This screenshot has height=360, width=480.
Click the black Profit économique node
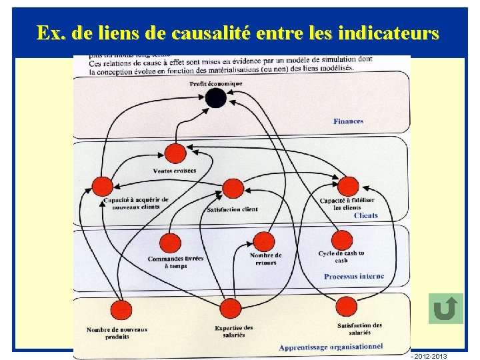tap(215, 99)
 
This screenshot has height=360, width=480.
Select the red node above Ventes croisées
tap(175, 153)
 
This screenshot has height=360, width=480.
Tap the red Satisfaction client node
tap(233, 189)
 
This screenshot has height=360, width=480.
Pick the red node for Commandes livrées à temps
tap(171, 243)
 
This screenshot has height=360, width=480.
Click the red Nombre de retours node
tap(264, 242)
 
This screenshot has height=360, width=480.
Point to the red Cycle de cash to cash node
tap(342, 240)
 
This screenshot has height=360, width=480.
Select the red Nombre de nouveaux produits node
tap(121, 310)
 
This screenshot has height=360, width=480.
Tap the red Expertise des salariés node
tap(231, 308)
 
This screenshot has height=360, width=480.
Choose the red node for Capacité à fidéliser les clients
tap(348, 186)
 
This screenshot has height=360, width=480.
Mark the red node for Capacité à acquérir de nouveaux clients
tap(102, 187)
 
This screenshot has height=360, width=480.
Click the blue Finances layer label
tap(348, 121)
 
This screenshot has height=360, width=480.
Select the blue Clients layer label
tap(366, 215)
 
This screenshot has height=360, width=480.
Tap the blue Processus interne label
tap(354, 276)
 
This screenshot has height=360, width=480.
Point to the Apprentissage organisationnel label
tap(331, 347)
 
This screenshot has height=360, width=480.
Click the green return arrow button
tap(446, 309)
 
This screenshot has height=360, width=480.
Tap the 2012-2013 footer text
tap(431, 356)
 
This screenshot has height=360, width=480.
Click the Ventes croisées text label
tap(175, 171)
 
